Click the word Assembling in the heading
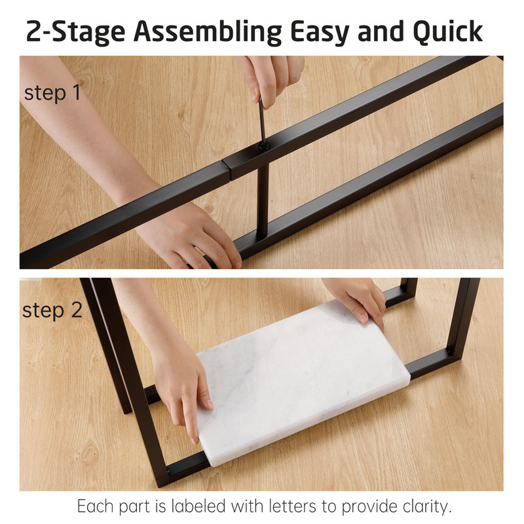click(x=208, y=32)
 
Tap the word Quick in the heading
click(x=447, y=32)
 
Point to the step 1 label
click(x=52, y=92)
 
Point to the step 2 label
click(x=52, y=310)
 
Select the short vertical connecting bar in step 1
click(x=263, y=200)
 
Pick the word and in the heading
click(x=381, y=32)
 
